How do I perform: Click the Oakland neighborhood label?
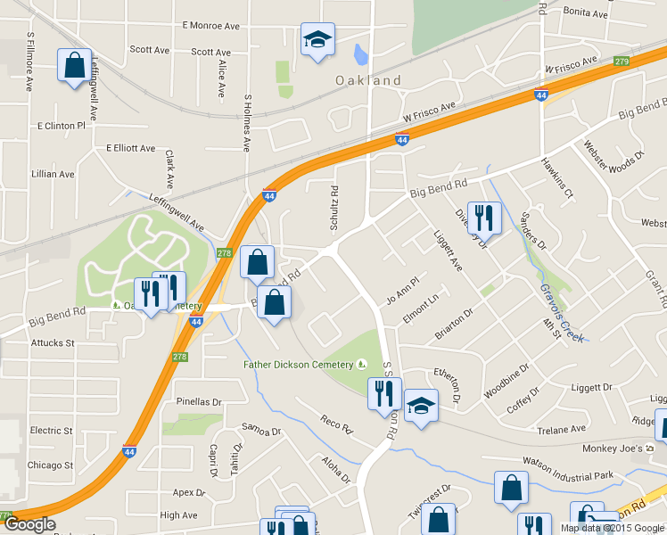click(367, 80)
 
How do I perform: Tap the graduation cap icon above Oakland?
click(317, 40)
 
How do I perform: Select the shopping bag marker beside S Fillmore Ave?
click(75, 66)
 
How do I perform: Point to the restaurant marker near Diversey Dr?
click(483, 218)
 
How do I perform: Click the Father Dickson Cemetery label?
click(300, 364)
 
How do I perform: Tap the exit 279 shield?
click(622, 61)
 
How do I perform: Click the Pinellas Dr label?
click(198, 402)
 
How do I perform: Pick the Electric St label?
click(51, 431)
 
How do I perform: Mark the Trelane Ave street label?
click(561, 430)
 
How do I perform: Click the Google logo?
click(29, 524)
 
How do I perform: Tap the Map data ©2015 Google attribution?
click(611, 528)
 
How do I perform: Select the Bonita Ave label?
click(586, 14)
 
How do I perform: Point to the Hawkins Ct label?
click(557, 177)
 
